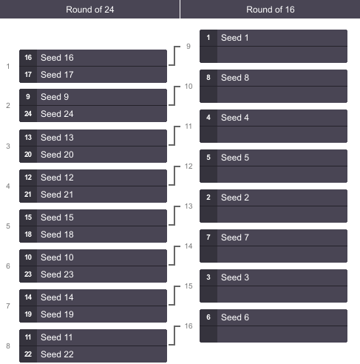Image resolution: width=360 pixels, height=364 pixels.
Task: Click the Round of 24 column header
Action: [x=89, y=10]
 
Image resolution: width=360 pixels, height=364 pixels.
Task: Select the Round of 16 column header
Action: [x=271, y=10]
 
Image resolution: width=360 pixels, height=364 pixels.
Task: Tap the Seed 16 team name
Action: [x=57, y=58]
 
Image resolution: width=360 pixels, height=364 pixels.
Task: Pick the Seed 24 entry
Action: [x=57, y=114]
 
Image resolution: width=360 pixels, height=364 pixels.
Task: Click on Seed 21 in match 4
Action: [x=57, y=195]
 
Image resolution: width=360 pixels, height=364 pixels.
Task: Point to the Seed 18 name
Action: [x=57, y=235]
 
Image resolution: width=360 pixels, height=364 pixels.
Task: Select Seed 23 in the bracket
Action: [x=57, y=274]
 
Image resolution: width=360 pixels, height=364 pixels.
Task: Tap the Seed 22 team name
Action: [x=57, y=354]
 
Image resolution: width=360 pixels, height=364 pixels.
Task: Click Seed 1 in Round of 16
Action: [x=235, y=38]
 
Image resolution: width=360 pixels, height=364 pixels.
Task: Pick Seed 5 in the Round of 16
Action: [x=235, y=158]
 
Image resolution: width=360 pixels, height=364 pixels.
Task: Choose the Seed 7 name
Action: [x=235, y=237]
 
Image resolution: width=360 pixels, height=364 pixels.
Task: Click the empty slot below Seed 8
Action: [x=274, y=95]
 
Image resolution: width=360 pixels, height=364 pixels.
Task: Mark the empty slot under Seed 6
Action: [x=274, y=334]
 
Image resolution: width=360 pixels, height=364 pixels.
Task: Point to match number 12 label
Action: [x=189, y=166]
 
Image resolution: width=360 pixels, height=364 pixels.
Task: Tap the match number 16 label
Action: [x=189, y=326]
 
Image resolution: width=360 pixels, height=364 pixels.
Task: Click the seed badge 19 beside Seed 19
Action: [x=28, y=314]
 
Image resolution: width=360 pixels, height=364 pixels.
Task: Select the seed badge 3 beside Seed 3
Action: [x=208, y=277]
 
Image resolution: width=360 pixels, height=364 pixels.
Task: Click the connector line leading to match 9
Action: [x=174, y=55]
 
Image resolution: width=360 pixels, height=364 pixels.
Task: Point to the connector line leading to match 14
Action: [x=174, y=255]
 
